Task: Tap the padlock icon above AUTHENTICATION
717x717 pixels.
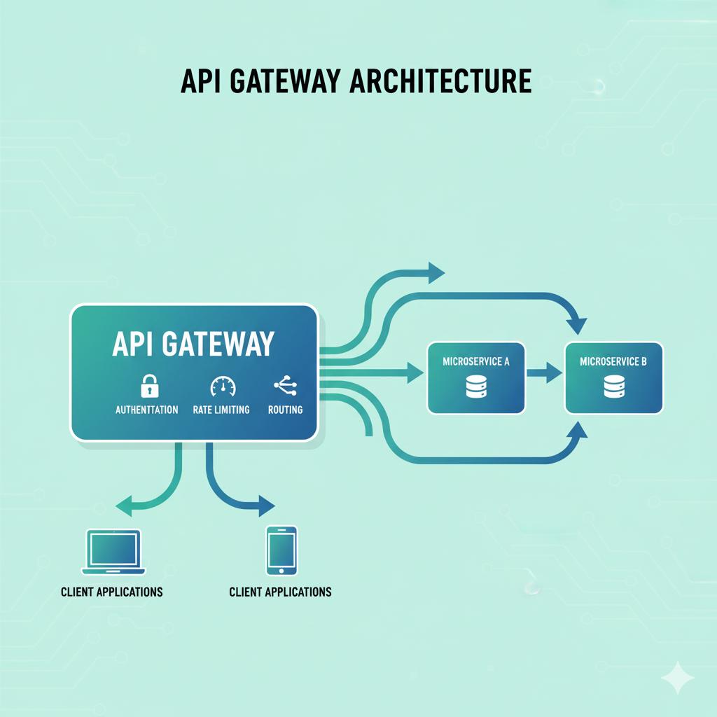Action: tap(150, 386)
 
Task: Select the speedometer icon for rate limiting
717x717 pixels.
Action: tap(223, 386)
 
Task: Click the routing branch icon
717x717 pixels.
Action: tap(285, 385)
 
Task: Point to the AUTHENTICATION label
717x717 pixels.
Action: tap(146, 410)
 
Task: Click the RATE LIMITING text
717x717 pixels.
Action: tap(221, 410)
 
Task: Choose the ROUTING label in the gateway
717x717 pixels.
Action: tap(285, 410)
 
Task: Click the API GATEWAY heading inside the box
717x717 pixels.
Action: tap(193, 344)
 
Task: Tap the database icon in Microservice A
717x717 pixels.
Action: tap(476, 387)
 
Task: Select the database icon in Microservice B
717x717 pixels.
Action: tap(613, 387)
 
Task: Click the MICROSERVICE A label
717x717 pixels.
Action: tap(476, 362)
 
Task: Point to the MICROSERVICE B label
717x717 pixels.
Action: tap(613, 362)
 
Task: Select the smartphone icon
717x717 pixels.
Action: tap(281, 550)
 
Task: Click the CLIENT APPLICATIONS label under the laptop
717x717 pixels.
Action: tap(112, 592)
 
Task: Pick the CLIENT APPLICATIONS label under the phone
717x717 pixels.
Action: tap(280, 592)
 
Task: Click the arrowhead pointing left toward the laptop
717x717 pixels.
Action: tap(123, 503)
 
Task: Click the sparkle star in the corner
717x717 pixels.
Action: tap(677, 677)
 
